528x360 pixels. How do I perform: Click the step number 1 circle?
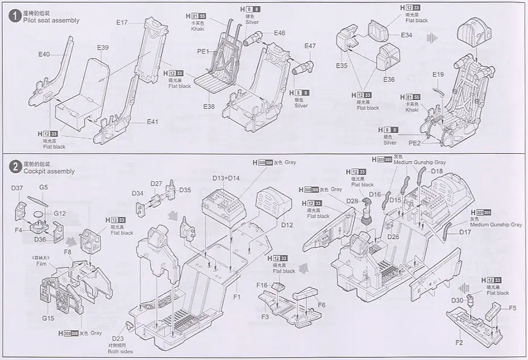[x=15, y=15]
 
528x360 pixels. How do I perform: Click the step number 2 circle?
[x=15, y=166]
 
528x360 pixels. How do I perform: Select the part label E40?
[x=44, y=55]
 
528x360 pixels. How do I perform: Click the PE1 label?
[x=203, y=52]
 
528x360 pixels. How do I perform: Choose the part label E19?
[x=438, y=75]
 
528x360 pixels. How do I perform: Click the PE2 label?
[x=415, y=142]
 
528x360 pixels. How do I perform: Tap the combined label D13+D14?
[x=226, y=178]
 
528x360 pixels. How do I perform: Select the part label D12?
[x=286, y=225]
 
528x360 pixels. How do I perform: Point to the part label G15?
[x=48, y=318]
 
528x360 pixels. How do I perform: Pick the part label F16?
[x=262, y=284]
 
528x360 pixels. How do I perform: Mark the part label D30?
[x=458, y=300]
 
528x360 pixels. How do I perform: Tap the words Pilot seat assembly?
[x=52, y=20]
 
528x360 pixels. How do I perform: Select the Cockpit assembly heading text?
[x=49, y=171]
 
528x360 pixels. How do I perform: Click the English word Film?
[x=40, y=264]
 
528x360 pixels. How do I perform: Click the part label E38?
[x=209, y=106]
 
